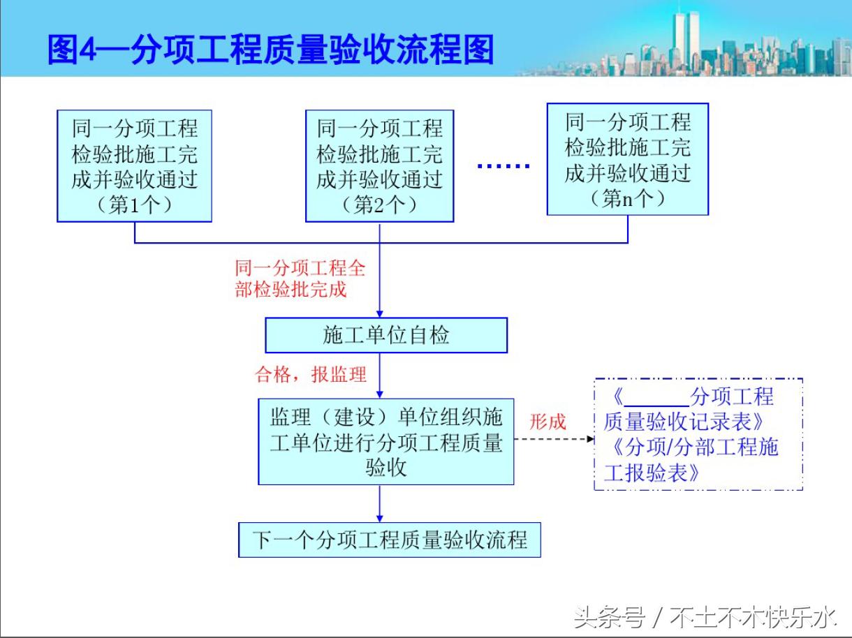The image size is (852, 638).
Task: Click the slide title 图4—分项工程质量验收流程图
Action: (271, 50)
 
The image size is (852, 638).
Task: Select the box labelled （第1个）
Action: (134, 166)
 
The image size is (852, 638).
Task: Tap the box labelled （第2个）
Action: (379, 166)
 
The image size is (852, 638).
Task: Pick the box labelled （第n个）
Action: (627, 159)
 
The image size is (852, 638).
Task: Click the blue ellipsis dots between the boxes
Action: (503, 166)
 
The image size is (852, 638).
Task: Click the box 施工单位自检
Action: (385, 335)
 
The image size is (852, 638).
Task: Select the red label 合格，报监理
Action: (311, 375)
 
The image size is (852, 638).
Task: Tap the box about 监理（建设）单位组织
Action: (385, 441)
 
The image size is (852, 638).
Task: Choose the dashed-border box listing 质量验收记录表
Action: (698, 434)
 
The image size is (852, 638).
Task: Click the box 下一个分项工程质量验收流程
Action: (389, 540)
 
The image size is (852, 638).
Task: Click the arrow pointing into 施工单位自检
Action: (379, 293)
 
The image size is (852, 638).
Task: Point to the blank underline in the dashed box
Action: (656, 405)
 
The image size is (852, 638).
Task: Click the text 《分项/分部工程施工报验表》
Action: (691, 459)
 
